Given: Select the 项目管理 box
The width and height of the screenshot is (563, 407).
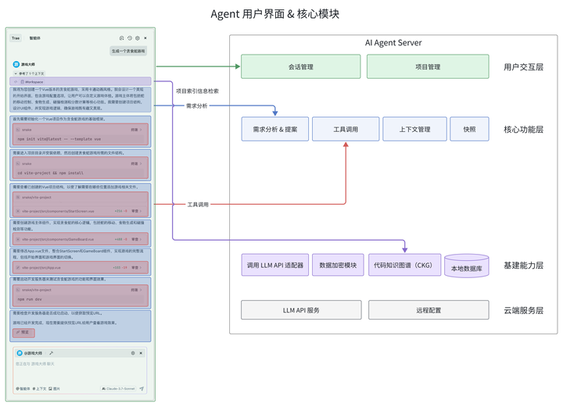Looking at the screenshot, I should click(x=428, y=67).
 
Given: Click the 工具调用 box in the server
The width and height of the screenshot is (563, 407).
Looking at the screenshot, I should click(x=346, y=129).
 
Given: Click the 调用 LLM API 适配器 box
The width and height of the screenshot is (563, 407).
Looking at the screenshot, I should click(x=275, y=266).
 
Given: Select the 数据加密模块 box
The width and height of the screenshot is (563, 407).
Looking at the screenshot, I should click(x=338, y=266).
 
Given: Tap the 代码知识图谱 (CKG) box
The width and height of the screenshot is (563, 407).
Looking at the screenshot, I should click(x=401, y=266).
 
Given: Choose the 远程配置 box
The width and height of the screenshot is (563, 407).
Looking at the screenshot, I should click(x=429, y=310).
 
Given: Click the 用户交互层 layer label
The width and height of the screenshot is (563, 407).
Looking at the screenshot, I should click(x=523, y=67).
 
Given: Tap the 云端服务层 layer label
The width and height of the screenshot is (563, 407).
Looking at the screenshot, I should click(x=523, y=310).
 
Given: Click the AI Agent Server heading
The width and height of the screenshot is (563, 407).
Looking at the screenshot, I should click(x=393, y=43).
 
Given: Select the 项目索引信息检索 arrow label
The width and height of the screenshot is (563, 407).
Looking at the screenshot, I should click(x=197, y=91).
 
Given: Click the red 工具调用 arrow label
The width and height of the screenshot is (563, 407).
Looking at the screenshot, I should click(x=197, y=204).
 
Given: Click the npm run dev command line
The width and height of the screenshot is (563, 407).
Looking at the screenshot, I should click(x=33, y=298).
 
